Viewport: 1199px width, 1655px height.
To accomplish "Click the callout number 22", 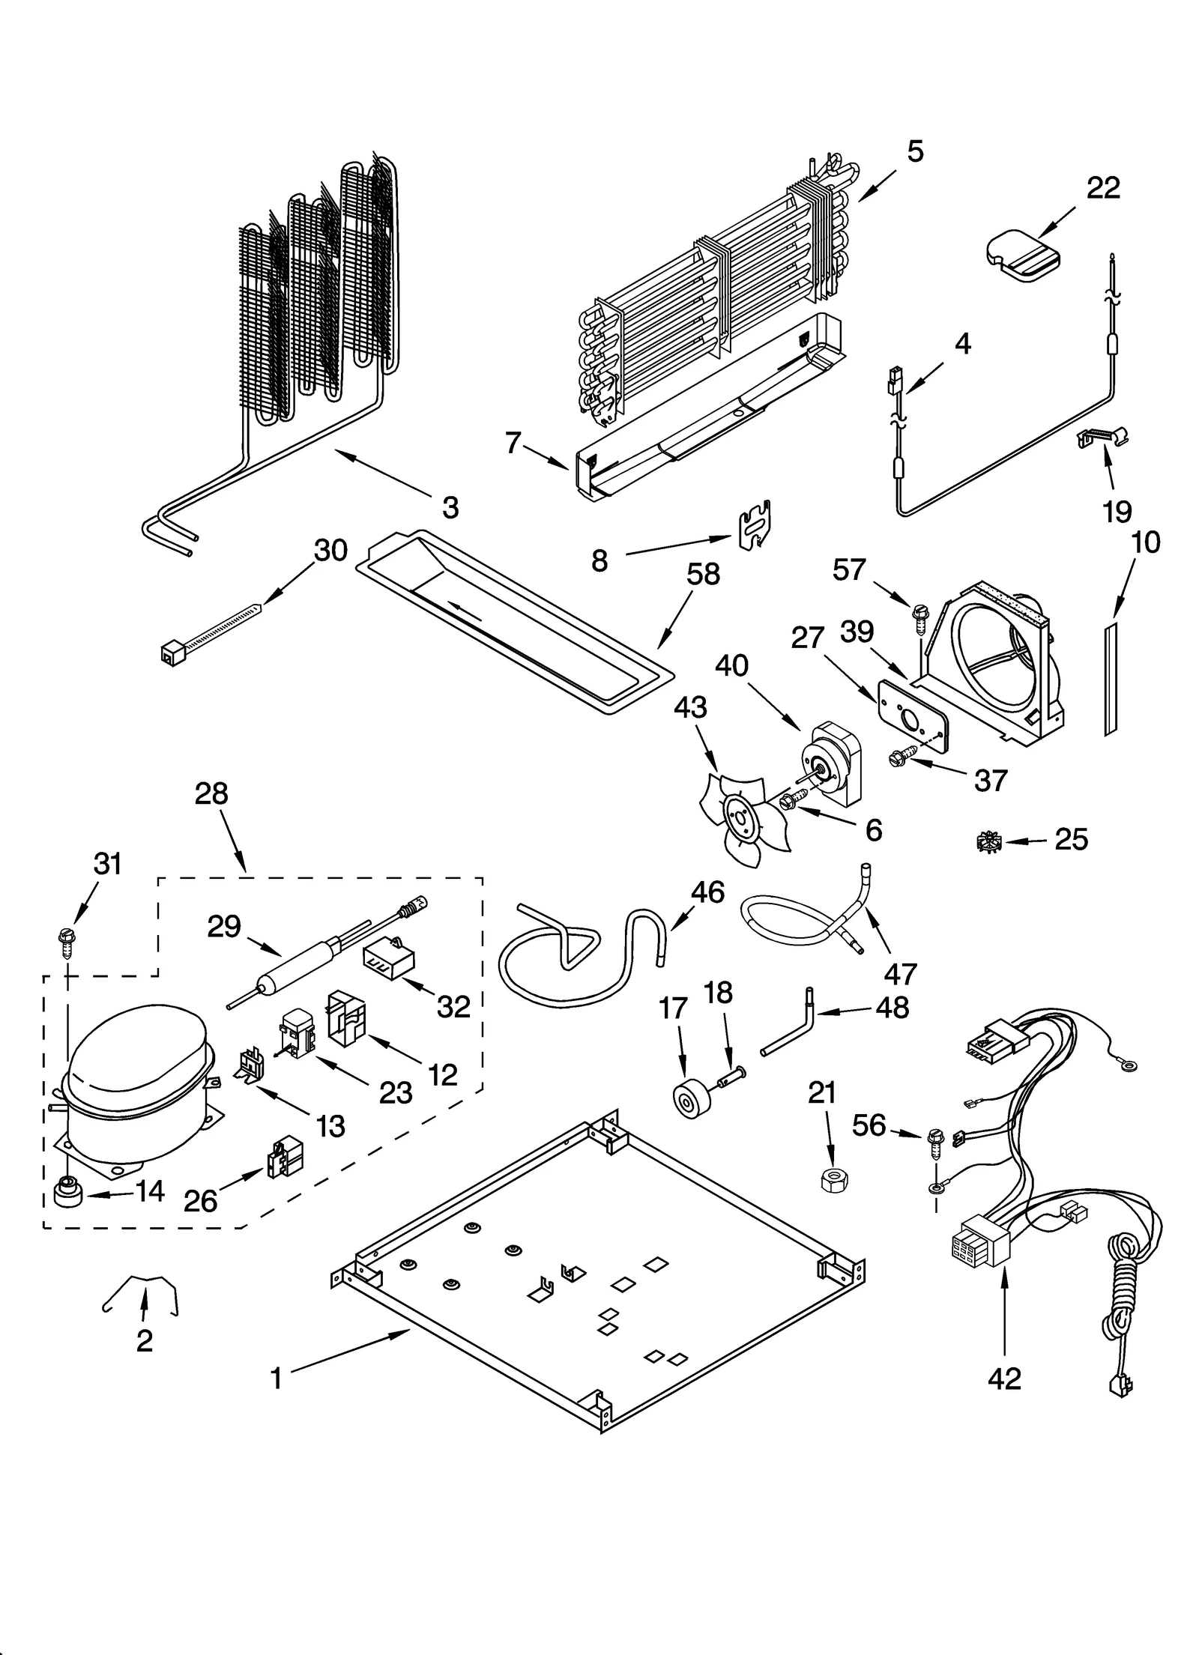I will point(1103,187).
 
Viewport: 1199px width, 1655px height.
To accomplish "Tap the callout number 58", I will point(703,574).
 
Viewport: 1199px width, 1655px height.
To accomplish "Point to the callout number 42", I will point(1004,1378).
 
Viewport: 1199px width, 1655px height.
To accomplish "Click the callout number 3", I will point(450,508).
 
